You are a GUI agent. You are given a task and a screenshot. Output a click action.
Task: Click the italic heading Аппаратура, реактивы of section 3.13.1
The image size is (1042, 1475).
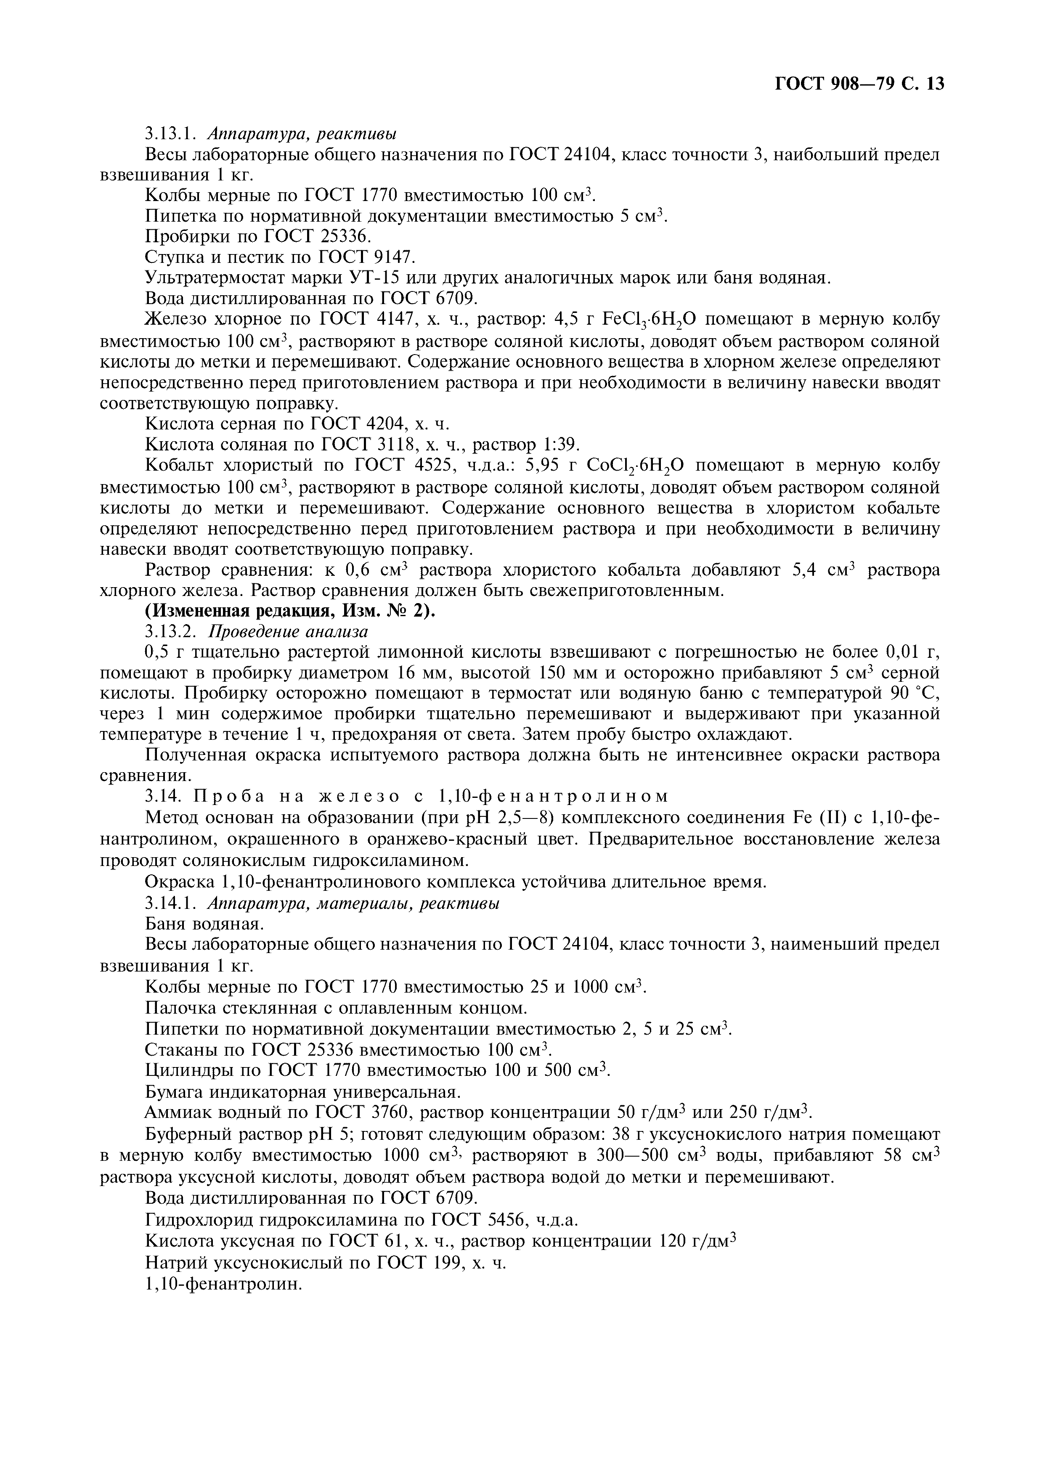point(302,134)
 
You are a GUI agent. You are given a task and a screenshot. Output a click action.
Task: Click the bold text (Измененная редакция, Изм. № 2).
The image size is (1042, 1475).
point(290,611)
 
